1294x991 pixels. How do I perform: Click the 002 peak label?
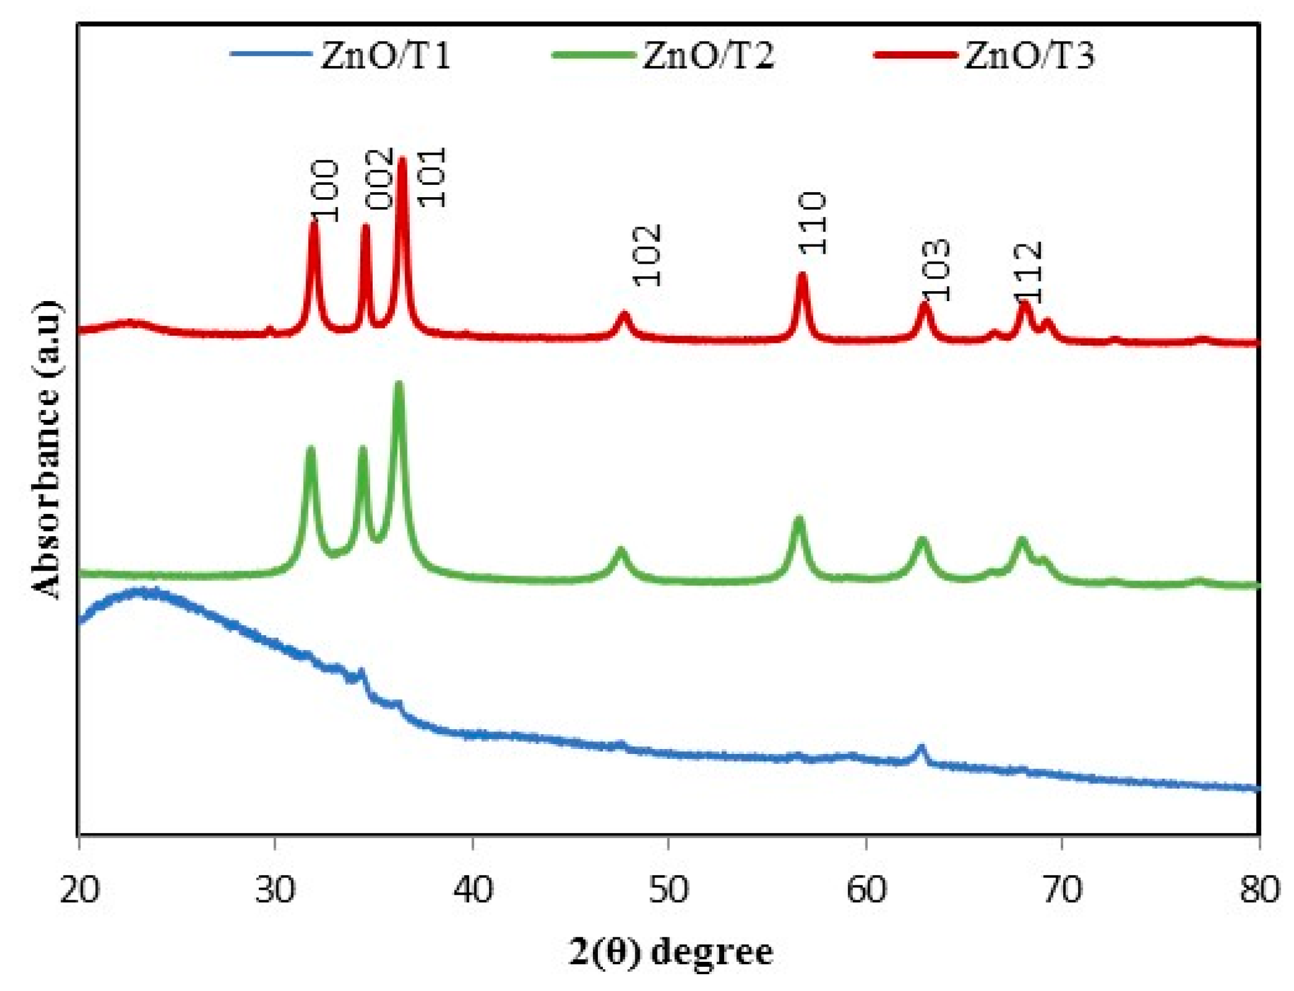pos(379,178)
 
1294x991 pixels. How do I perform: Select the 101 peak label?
pos(432,177)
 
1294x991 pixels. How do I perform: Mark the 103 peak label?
pos(936,270)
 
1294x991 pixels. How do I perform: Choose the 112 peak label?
pos(1027,271)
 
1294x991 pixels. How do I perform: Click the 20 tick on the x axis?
pos(79,889)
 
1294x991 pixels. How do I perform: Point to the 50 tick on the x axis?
pos(669,889)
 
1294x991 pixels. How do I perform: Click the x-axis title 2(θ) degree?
pos(670,951)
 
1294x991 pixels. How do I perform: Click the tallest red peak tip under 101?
pos(402,160)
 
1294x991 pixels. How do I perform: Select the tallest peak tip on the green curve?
pos(399,384)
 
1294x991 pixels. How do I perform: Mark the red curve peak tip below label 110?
pos(802,274)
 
